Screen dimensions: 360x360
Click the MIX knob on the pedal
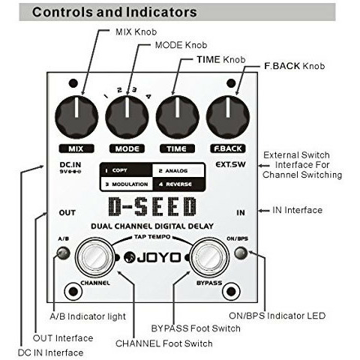(x=76, y=117)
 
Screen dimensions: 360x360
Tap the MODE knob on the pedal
(x=127, y=117)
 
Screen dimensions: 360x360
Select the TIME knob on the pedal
(x=178, y=117)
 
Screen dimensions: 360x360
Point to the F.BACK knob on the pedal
(x=228, y=117)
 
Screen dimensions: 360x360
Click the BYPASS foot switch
(x=209, y=257)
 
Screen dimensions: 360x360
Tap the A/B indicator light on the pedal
(x=63, y=253)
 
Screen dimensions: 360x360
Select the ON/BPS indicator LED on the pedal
(x=241, y=253)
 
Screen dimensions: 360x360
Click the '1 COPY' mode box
(x=126, y=170)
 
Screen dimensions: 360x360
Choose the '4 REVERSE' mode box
(x=178, y=184)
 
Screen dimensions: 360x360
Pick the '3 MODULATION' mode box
(x=126, y=184)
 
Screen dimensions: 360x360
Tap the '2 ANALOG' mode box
(x=178, y=170)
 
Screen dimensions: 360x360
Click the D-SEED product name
(x=152, y=206)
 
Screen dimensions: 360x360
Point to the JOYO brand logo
(x=152, y=257)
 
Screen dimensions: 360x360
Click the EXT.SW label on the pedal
(x=230, y=164)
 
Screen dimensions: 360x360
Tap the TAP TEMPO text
(x=152, y=237)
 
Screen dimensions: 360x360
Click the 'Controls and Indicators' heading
(x=115, y=12)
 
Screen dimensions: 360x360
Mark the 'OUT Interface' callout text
(x=63, y=338)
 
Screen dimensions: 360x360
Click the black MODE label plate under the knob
(x=127, y=148)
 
